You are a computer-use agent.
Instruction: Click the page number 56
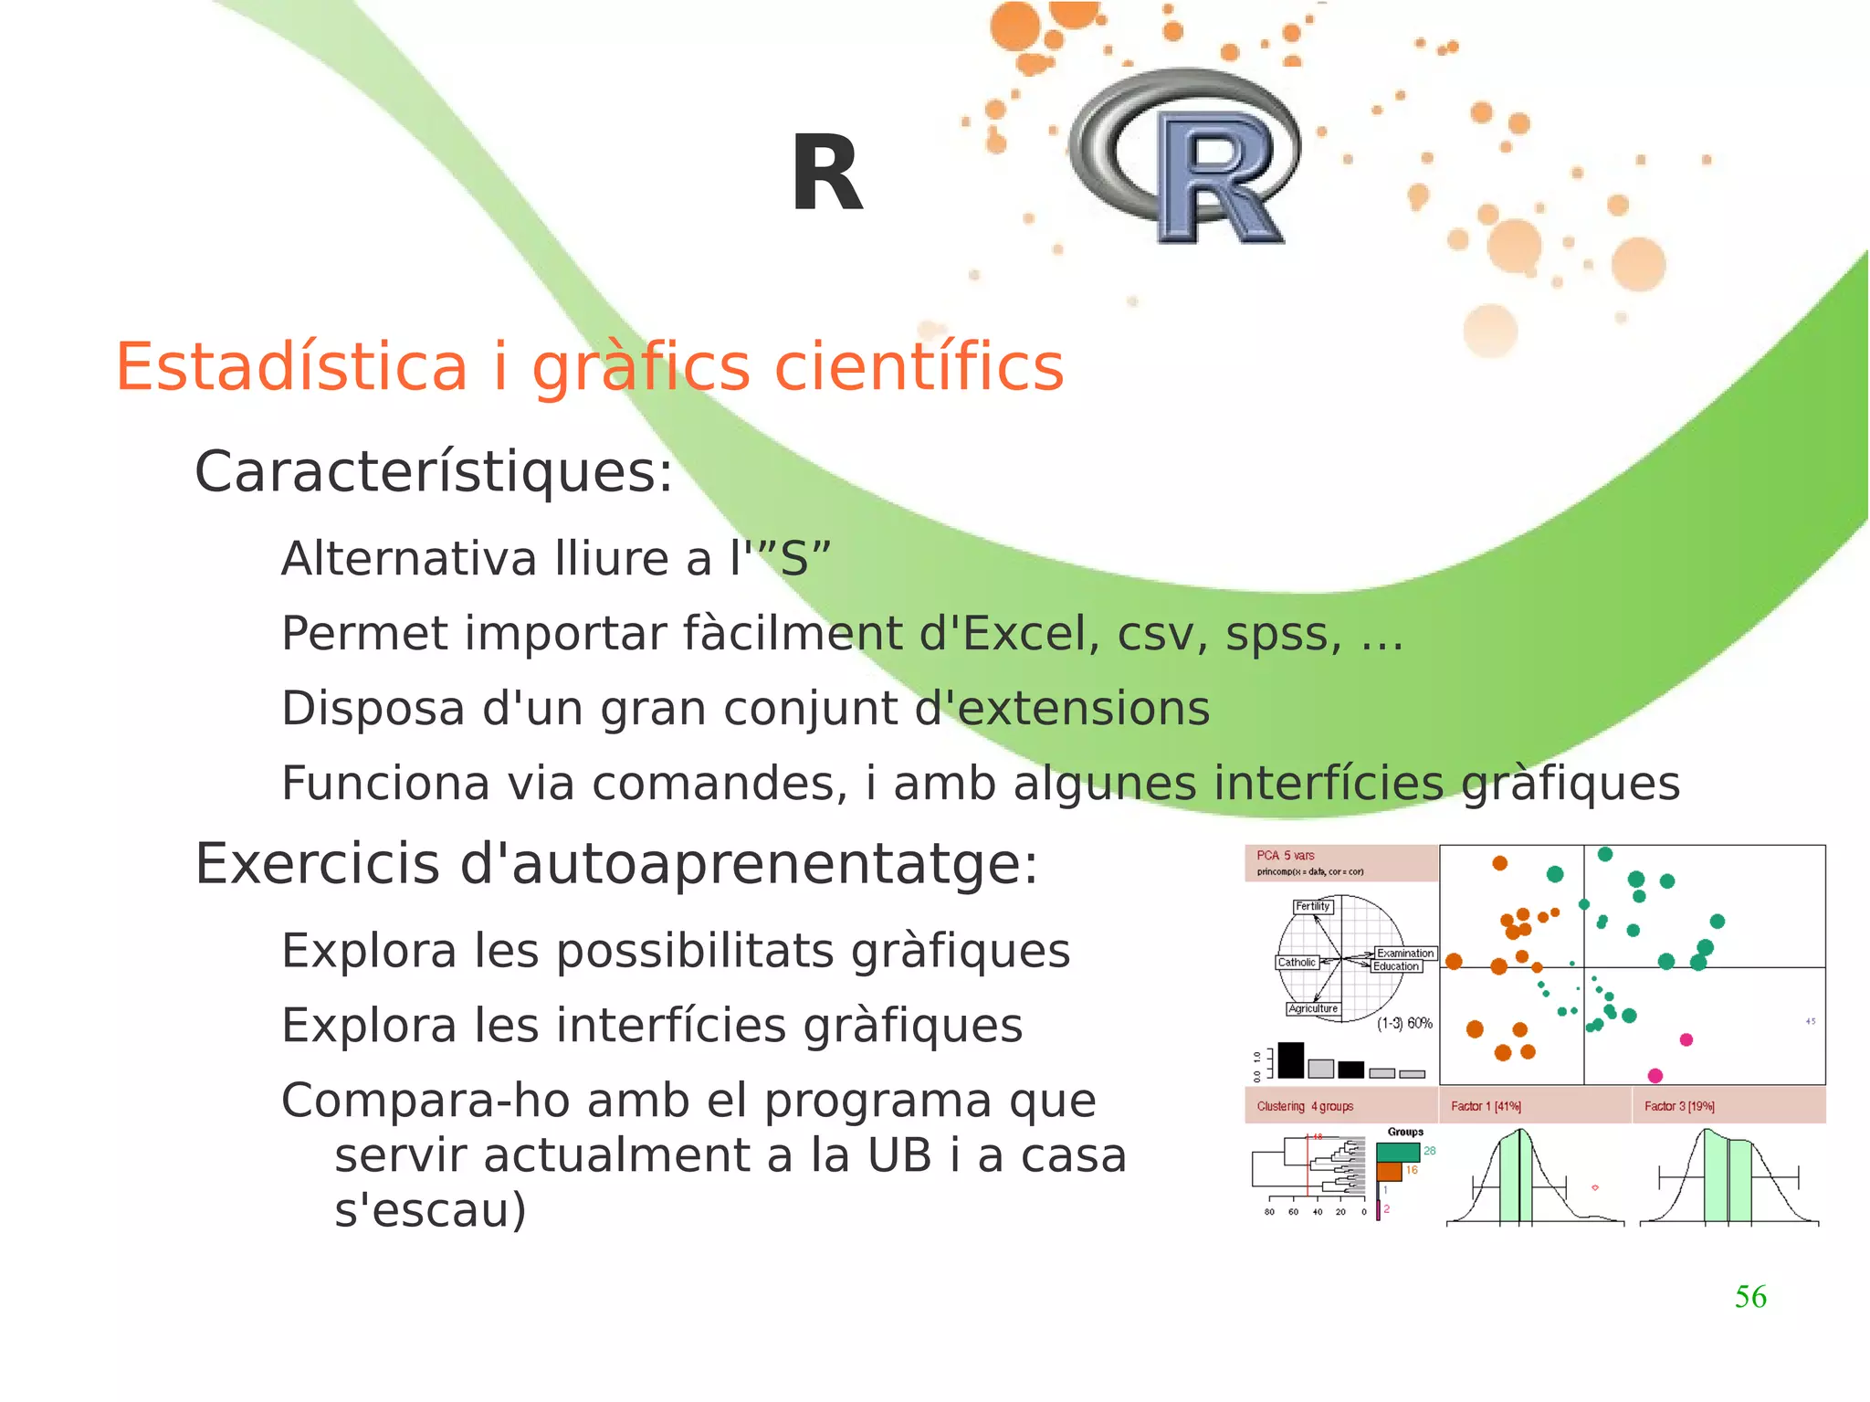(x=1749, y=1296)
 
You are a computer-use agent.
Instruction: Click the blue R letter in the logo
(x=1218, y=179)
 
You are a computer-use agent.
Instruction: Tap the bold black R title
(x=826, y=174)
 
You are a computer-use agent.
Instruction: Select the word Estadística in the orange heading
(x=291, y=367)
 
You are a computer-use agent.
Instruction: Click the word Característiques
(x=434, y=472)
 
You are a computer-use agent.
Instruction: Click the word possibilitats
(x=694, y=952)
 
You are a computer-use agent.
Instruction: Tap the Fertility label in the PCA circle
(x=1312, y=906)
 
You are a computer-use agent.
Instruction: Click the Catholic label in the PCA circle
(x=1296, y=963)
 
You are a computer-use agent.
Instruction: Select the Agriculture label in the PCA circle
(x=1312, y=1008)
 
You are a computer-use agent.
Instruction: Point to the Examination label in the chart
(x=1404, y=953)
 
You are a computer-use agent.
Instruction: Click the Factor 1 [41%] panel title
(x=1486, y=1106)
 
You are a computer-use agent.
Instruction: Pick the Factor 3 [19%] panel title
(x=1679, y=1106)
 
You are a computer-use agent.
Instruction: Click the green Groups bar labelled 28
(x=1398, y=1152)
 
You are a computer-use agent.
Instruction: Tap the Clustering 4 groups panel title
(x=1305, y=1106)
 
